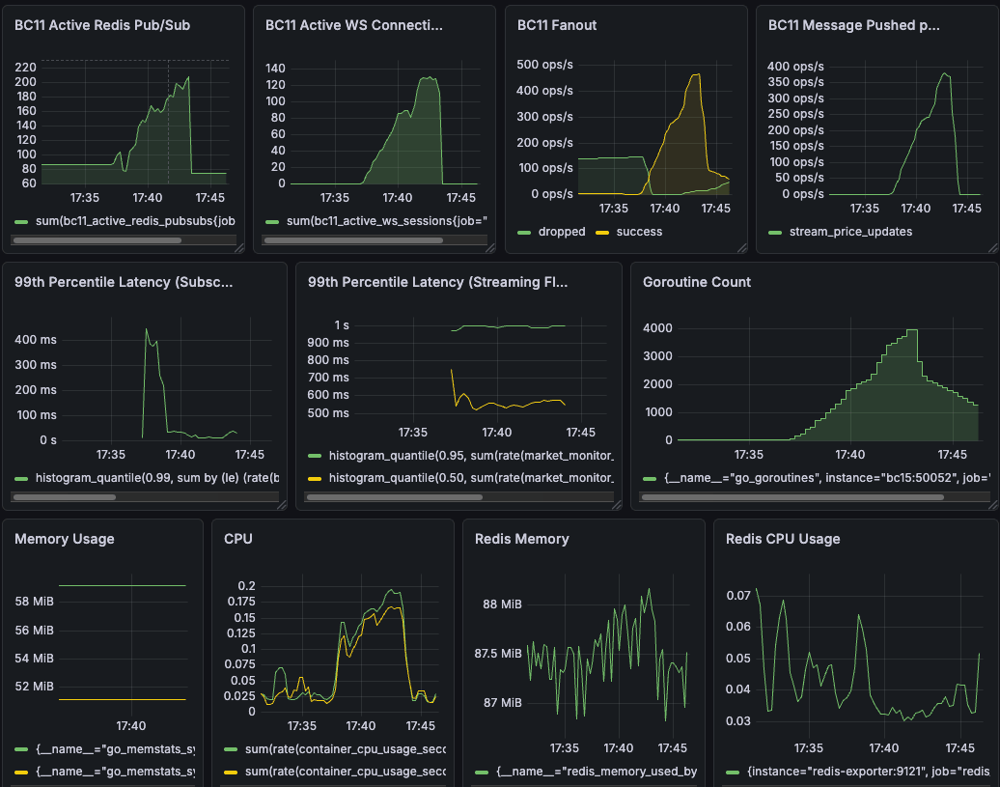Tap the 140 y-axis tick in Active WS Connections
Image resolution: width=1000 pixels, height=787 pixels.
coord(275,69)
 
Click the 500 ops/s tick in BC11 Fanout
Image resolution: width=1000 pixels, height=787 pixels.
coord(544,65)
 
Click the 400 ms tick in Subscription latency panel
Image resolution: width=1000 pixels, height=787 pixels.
coord(36,340)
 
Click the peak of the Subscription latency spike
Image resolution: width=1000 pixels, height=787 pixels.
coord(147,329)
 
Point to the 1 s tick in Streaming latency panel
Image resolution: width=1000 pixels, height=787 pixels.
coord(342,325)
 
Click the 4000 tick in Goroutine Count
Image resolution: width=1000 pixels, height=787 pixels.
coord(656,327)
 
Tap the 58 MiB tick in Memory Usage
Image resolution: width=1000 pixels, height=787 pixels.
coord(34,602)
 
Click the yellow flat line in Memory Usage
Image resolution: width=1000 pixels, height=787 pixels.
coord(121,699)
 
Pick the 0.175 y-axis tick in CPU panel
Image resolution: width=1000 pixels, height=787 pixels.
coord(239,602)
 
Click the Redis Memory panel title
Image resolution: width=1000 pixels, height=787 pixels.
coord(521,539)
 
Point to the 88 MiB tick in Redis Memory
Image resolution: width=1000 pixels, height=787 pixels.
coord(502,604)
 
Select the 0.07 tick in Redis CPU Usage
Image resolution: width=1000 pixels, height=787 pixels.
coord(737,596)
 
